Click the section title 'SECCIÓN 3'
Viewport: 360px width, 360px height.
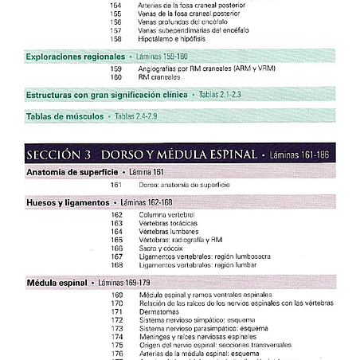pos(57,153)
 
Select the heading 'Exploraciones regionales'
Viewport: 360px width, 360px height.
pos(76,57)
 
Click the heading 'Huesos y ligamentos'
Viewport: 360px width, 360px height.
pos(67,203)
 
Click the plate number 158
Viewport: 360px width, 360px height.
pos(116,38)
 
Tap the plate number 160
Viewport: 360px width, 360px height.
pos(116,77)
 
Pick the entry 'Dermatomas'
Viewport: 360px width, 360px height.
pos(160,311)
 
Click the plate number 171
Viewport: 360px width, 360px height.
pos(117,311)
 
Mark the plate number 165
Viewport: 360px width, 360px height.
pos(117,240)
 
